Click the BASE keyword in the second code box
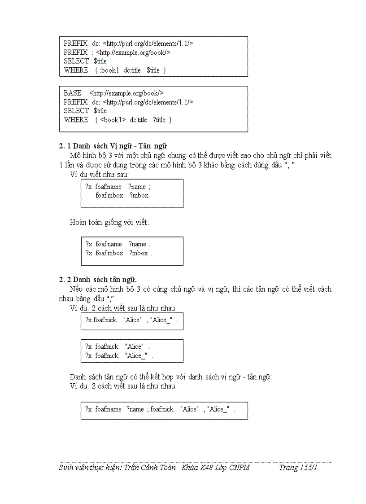(72, 93)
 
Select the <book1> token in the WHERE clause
(113, 120)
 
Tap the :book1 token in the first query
(110, 70)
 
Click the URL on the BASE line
(126, 93)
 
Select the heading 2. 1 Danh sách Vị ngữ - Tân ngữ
(113, 146)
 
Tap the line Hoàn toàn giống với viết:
(109, 222)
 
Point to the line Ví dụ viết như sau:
(99, 174)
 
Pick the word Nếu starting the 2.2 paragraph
(76, 289)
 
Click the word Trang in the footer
(288, 468)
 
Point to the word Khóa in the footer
(189, 468)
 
